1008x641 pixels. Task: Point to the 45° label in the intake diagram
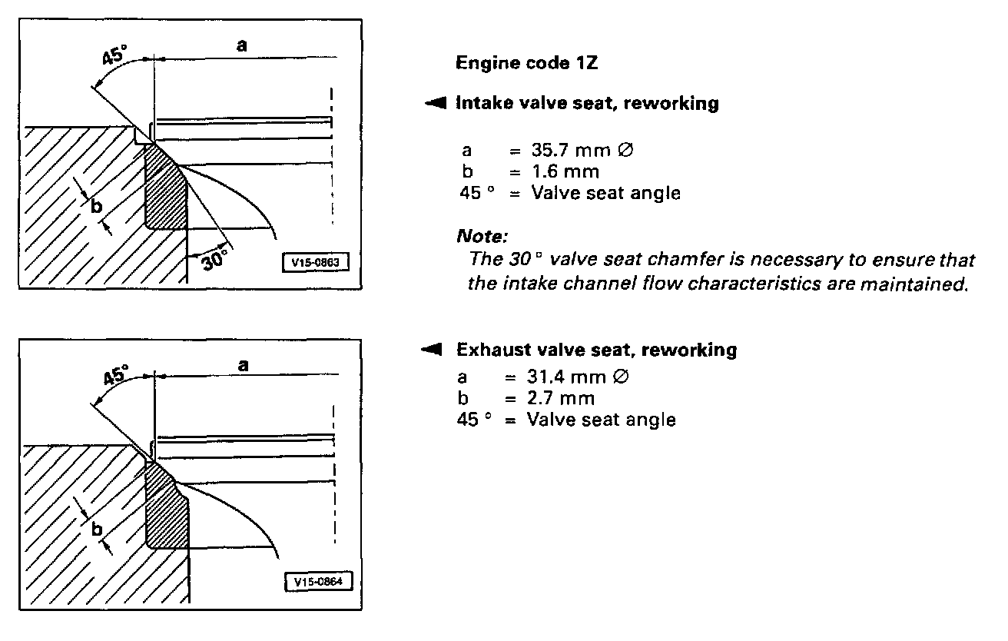[115, 56]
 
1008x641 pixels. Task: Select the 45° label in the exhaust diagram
[118, 376]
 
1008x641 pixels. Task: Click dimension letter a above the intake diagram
[241, 47]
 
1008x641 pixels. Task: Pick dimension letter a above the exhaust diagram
[243, 366]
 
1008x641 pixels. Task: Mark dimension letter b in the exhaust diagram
[97, 529]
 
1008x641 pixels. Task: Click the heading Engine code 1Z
[526, 63]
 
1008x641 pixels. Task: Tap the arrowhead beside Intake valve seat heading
[436, 104]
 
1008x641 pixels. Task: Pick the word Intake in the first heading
[482, 104]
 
